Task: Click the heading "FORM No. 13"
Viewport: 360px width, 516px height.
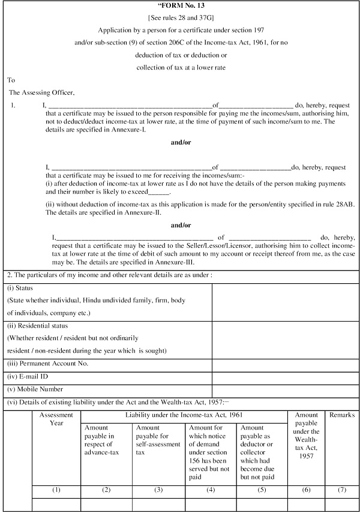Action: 181,6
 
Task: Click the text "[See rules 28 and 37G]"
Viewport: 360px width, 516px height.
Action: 181,17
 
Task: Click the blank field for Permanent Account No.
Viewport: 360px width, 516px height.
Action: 286,364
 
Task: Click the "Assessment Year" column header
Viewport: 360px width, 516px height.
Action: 56,418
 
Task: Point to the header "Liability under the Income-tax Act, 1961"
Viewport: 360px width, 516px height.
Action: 184,415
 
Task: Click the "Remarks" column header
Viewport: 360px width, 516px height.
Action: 341,415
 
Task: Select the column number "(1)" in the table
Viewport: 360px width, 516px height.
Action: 56,490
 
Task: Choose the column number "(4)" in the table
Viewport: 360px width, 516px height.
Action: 211,490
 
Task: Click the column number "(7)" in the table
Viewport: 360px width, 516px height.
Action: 341,490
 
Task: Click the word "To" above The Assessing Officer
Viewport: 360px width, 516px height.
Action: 11,80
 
